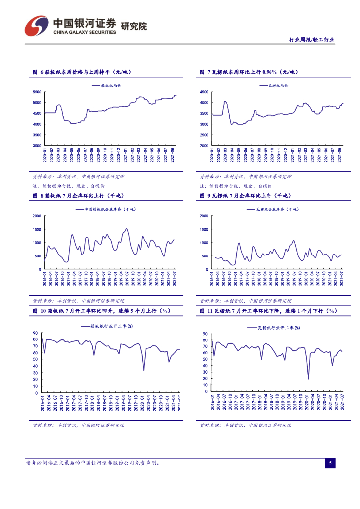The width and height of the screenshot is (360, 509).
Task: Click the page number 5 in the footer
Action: (330, 463)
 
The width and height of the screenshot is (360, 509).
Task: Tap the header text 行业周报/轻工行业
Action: (311, 40)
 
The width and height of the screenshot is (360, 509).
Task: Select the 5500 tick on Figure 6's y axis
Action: (37, 92)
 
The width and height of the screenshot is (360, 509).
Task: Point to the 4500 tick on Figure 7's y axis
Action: (204, 92)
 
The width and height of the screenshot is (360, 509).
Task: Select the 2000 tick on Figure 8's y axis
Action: (37, 216)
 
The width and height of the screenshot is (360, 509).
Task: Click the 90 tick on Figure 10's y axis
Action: (36, 333)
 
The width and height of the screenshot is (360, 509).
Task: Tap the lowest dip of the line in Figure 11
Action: (308, 379)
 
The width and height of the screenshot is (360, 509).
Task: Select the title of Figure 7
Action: (248, 72)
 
